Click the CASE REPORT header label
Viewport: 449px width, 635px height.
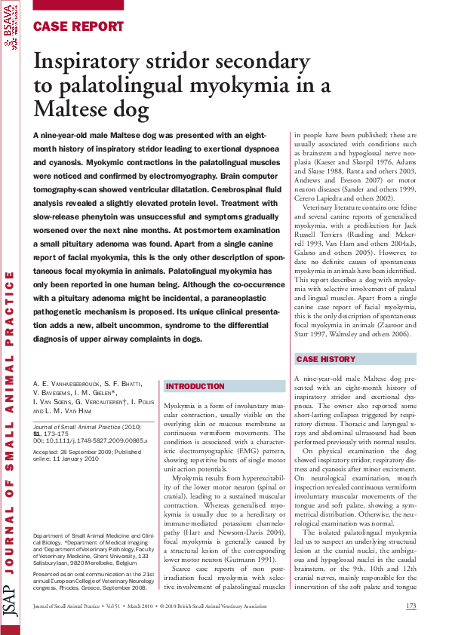click(x=78, y=26)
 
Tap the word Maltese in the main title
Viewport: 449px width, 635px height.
click(x=72, y=111)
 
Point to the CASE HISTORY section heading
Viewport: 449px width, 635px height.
click(x=325, y=360)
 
